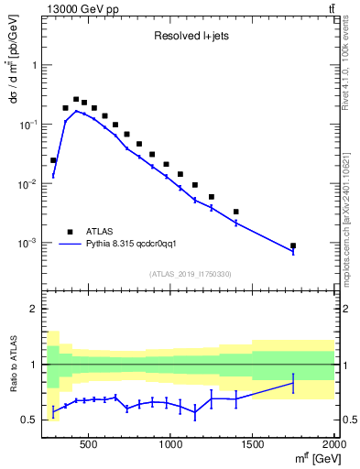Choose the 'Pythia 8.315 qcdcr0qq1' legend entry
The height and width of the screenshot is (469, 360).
(x=137, y=245)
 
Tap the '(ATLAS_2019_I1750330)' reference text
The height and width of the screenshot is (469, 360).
(x=190, y=274)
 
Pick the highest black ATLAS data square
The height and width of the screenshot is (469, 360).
(x=77, y=99)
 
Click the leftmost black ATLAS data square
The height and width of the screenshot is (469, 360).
(x=53, y=160)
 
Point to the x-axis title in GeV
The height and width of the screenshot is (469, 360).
(x=311, y=459)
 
